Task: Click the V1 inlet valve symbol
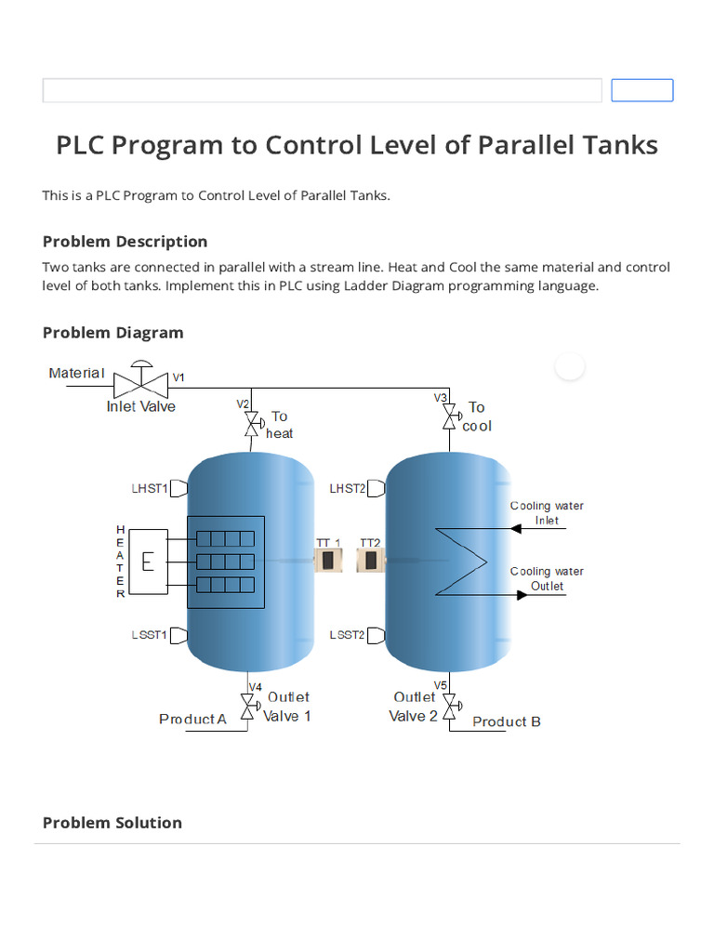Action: click(x=141, y=382)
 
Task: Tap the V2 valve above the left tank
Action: click(x=250, y=424)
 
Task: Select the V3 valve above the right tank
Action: click(x=449, y=416)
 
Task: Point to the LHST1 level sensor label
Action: click(x=150, y=488)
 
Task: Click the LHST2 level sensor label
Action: click(x=347, y=488)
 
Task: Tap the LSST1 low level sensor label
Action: click(x=150, y=636)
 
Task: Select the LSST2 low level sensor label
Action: click(x=347, y=636)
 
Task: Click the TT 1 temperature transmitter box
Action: click(x=329, y=561)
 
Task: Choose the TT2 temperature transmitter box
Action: click(x=370, y=561)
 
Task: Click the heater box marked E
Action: click(x=148, y=562)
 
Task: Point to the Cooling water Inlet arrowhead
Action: click(x=517, y=528)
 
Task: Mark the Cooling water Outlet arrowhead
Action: click(x=522, y=594)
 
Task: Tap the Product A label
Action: click(x=192, y=719)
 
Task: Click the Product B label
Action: click(x=507, y=721)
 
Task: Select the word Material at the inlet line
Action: click(x=76, y=373)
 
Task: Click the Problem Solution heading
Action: click(x=112, y=823)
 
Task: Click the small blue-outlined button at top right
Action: click(x=641, y=90)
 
